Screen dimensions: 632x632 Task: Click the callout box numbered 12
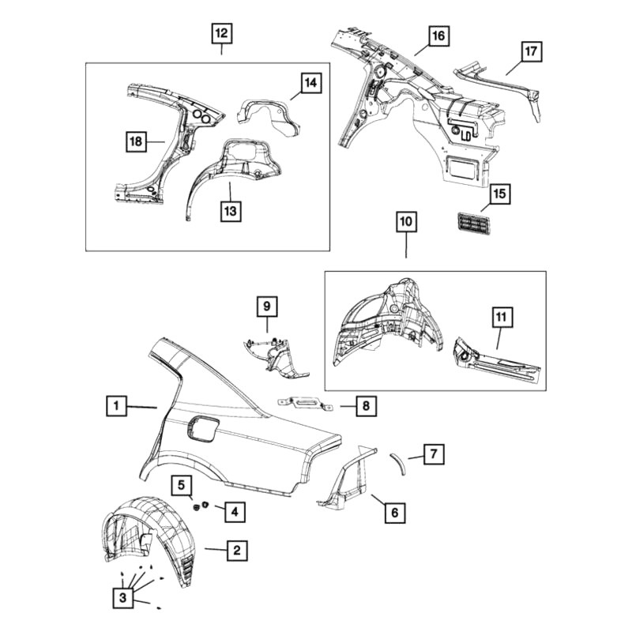[x=222, y=33]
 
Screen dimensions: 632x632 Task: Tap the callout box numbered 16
[x=438, y=36]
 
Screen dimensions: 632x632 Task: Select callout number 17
[x=531, y=51]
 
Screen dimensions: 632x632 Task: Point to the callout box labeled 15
[x=499, y=194]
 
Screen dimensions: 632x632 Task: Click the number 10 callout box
[x=406, y=222]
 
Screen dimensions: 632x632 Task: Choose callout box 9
[x=267, y=307]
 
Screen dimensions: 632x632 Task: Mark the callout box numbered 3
[x=123, y=597]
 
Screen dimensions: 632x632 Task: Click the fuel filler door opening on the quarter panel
[x=203, y=430]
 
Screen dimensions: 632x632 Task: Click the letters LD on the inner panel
[x=465, y=136]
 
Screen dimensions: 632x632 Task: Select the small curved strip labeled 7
[x=399, y=464]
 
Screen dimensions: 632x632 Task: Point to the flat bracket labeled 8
[x=305, y=404]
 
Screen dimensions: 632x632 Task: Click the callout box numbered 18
[x=136, y=141]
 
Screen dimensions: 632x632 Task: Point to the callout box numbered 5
[x=182, y=485]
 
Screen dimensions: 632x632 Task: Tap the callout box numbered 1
[x=117, y=405]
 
